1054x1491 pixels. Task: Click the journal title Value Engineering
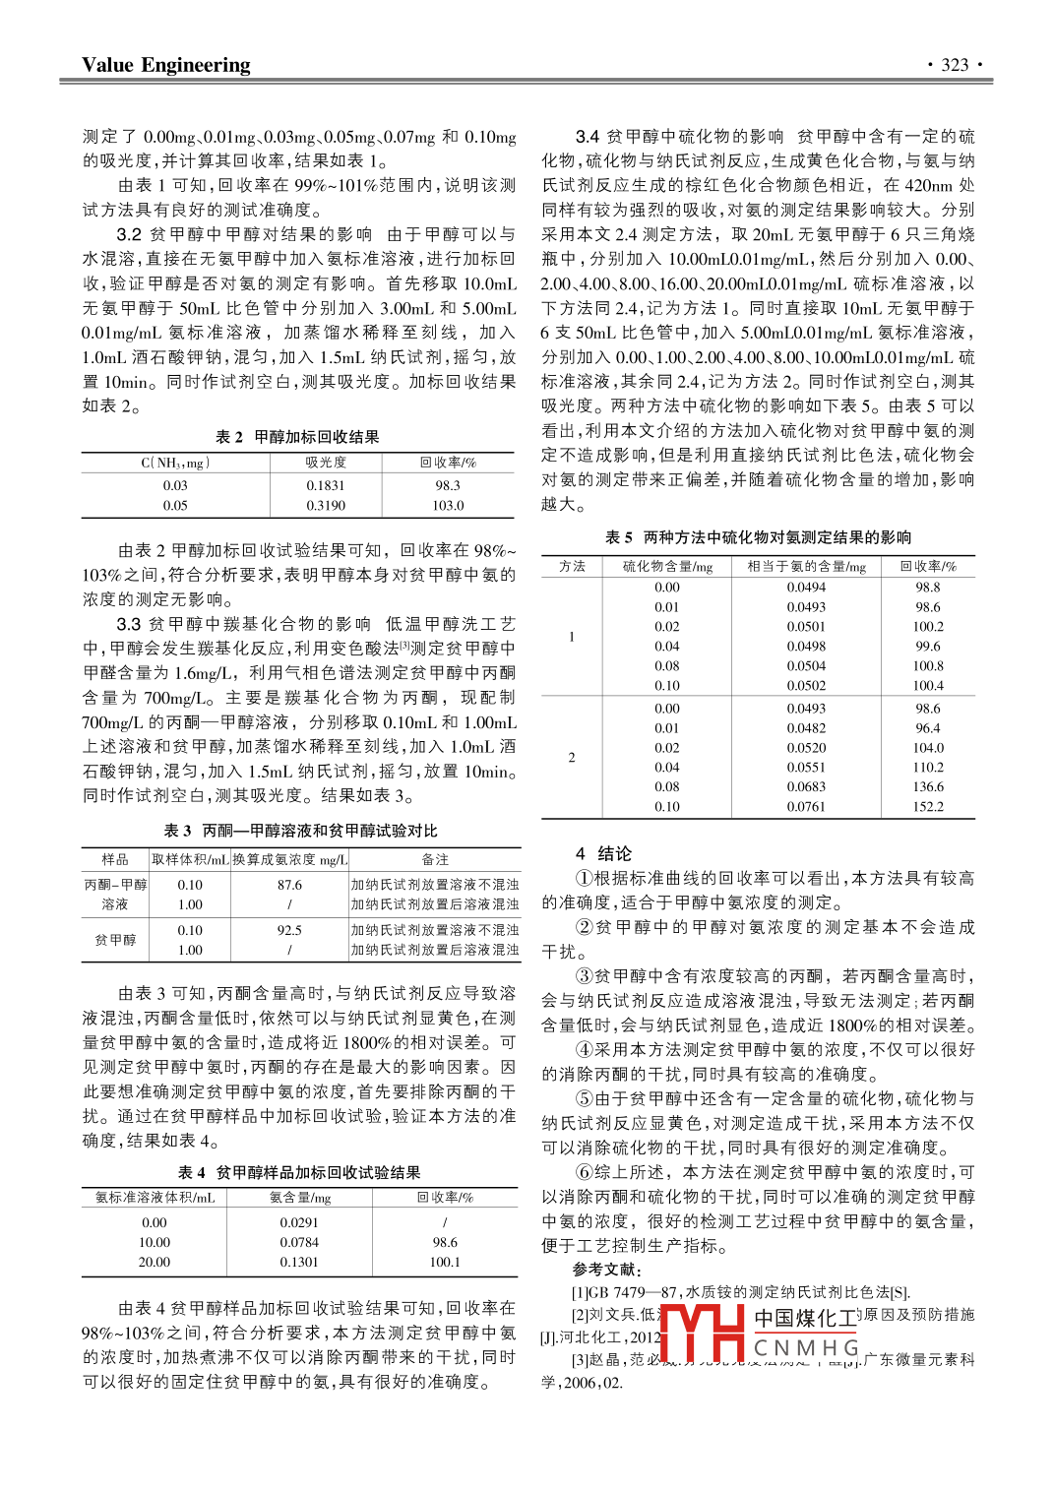[165, 65]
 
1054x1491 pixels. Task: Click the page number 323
[955, 65]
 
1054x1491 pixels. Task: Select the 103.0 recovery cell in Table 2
[448, 506]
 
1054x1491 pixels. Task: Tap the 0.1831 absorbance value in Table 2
[325, 485]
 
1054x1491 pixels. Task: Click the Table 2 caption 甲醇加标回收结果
[317, 437]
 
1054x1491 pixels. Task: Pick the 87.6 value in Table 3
[289, 885]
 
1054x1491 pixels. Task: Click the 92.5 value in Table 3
[289, 930]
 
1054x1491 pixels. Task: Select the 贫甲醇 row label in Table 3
[115, 940]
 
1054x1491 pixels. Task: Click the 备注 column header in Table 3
[435, 859]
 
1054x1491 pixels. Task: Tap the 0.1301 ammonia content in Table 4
[299, 1262]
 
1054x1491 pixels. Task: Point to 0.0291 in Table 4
[299, 1222]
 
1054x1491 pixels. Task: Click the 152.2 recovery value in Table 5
[927, 807]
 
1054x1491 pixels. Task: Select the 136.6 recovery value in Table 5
[927, 787]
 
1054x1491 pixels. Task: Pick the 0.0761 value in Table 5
[805, 807]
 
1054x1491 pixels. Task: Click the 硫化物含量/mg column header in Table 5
[667, 567]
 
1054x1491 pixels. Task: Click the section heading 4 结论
[603, 853]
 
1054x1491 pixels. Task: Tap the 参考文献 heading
[607, 1270]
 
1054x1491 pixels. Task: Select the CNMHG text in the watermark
[806, 1347]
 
